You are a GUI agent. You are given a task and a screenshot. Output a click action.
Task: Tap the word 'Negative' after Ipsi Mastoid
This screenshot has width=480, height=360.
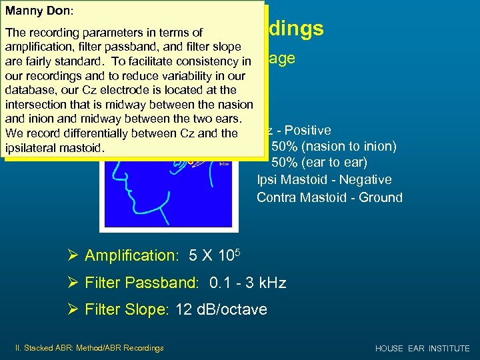pyautogui.click(x=365, y=180)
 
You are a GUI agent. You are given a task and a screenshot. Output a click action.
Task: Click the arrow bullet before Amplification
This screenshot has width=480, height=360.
pyautogui.click(x=73, y=255)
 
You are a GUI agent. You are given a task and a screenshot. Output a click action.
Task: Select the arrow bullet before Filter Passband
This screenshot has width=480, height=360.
pyautogui.click(x=73, y=283)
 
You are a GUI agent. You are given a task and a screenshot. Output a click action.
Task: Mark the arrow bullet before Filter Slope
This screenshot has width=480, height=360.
pyautogui.click(x=73, y=309)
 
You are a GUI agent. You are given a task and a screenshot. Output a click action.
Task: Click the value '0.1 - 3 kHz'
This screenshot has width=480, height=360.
pyautogui.click(x=247, y=283)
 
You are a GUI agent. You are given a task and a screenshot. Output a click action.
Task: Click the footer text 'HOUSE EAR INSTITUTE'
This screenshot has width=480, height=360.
pyautogui.click(x=422, y=349)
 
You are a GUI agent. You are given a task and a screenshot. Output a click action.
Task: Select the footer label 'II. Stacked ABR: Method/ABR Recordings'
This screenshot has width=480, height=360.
pyautogui.click(x=89, y=347)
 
